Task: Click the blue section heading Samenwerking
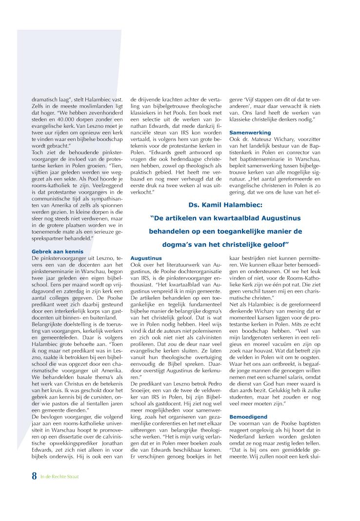[x=249, y=132]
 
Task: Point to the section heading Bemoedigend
[x=248, y=416]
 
